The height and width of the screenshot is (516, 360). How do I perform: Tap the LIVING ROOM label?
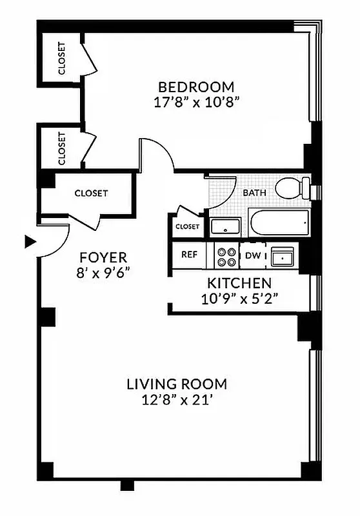[176, 384]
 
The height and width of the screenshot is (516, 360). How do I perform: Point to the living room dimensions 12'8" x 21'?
[176, 400]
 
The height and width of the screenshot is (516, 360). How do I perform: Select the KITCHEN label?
[239, 283]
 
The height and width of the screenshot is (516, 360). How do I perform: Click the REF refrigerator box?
[188, 255]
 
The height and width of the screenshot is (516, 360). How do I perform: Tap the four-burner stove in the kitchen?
[226, 256]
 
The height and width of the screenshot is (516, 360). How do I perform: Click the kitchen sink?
[282, 257]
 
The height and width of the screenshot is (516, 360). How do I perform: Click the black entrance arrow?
[29, 242]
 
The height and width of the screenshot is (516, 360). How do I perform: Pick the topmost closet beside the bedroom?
[61, 58]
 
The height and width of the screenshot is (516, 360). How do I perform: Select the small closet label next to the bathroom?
[187, 227]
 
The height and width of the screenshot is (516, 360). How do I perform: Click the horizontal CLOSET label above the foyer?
[91, 193]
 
